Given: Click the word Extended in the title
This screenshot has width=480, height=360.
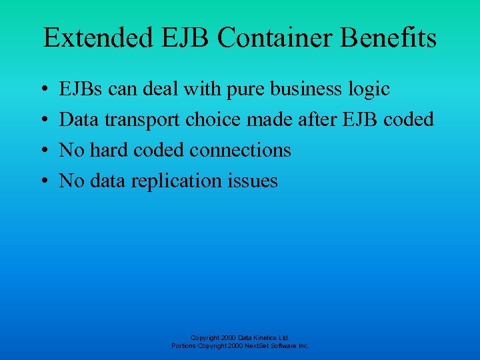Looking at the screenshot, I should (97, 38).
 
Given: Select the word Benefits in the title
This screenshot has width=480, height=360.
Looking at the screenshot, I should (389, 38).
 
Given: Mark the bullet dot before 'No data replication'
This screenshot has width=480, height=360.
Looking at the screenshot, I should (43, 181).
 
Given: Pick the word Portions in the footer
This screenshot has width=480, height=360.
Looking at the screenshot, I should (183, 347).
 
